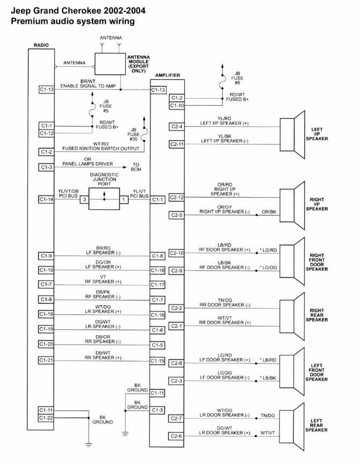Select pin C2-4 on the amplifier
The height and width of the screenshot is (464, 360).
click(177, 126)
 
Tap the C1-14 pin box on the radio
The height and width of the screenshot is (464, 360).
click(46, 199)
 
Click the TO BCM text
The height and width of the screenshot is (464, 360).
click(135, 168)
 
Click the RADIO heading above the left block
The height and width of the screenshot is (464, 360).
click(41, 45)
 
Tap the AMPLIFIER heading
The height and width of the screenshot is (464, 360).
click(167, 75)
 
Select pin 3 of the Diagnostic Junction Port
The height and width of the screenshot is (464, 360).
click(84, 199)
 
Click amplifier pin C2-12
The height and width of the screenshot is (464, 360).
click(177, 198)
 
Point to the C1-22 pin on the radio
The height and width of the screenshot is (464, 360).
click(46, 418)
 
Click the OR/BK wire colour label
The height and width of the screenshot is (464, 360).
click(270, 212)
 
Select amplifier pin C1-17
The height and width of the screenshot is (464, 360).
click(157, 284)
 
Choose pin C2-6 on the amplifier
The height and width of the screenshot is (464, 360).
click(177, 436)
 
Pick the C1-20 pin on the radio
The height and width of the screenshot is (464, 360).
click(46, 344)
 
